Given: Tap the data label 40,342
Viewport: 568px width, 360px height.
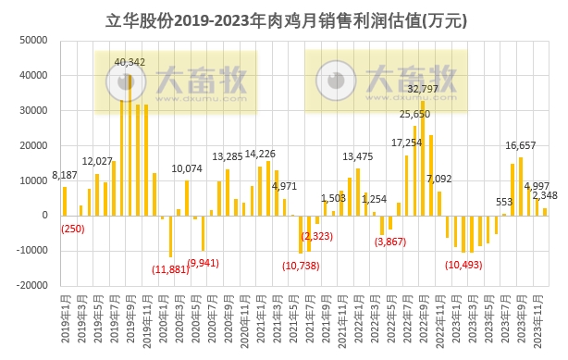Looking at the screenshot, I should click(x=130, y=62).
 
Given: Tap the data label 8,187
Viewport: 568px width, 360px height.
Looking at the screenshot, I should click(x=65, y=175).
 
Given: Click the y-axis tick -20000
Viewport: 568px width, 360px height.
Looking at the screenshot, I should click(x=33, y=286).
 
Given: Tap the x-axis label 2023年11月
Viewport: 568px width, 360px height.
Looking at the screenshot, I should click(x=544, y=319).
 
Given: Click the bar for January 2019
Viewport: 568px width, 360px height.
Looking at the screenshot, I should click(x=65, y=201).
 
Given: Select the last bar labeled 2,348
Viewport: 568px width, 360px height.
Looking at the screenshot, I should click(x=545, y=211).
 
